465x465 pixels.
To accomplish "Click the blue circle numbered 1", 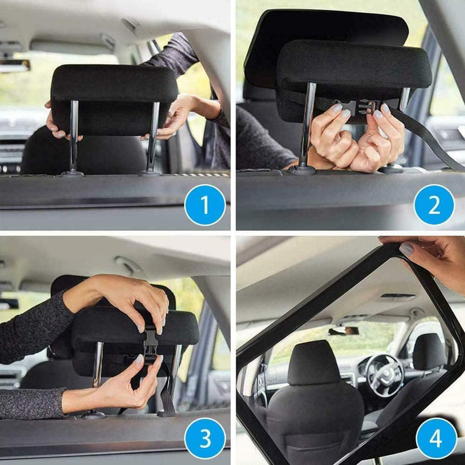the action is [205, 205].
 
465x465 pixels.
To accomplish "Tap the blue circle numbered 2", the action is [434, 205].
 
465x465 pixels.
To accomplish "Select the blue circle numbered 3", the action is [205, 438].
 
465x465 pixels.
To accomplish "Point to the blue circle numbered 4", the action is [436, 438].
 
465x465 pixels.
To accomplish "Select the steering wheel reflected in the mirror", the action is [384, 375].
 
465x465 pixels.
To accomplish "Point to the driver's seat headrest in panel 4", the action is [314, 363].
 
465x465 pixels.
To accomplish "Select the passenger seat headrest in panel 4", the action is [429, 351].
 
